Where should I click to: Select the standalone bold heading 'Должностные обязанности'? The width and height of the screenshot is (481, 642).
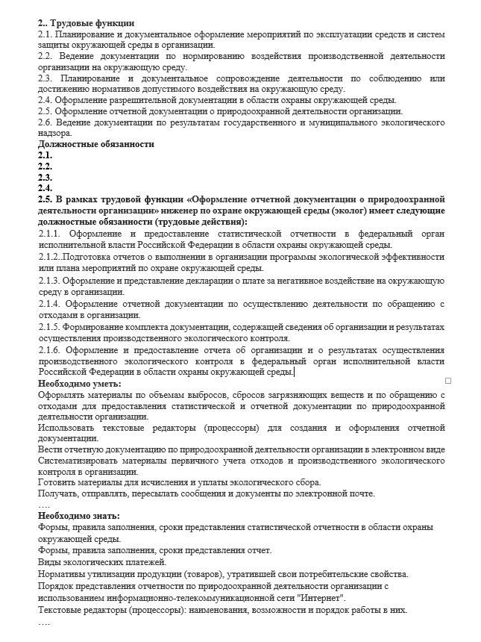[96, 144]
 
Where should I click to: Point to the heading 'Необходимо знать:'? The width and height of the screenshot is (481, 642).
[79, 516]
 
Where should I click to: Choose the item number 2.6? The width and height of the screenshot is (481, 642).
[45, 122]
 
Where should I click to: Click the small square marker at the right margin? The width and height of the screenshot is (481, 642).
[447, 381]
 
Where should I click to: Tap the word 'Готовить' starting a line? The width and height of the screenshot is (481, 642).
[57, 482]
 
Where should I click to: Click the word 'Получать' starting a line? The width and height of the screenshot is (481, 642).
[60, 493]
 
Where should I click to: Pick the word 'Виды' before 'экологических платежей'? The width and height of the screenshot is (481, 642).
[49, 561]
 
